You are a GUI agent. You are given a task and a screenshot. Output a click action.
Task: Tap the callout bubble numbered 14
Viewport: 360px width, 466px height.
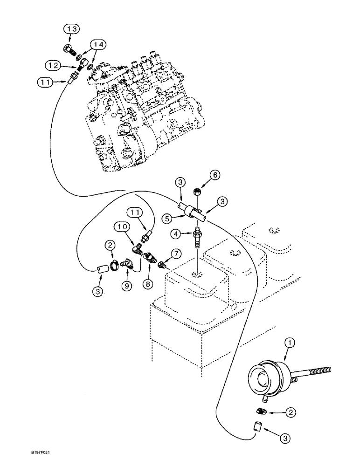coord(99,44)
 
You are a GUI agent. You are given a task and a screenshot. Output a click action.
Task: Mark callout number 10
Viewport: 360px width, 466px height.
coord(122,227)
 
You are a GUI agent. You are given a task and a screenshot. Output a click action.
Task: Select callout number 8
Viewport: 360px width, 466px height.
coord(152,283)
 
